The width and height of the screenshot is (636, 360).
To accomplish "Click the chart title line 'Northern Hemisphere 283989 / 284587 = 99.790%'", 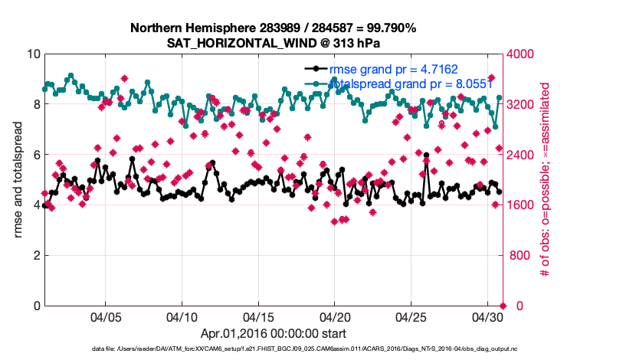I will point(273,28).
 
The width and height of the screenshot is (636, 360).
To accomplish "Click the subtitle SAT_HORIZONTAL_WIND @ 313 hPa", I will point(273,43).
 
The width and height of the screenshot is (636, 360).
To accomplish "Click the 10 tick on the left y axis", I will point(32,54).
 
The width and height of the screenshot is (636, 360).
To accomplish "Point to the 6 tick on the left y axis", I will point(36,155).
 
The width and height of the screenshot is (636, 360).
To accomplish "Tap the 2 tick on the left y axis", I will point(36,256).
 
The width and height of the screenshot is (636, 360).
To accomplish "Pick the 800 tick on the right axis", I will point(519,256).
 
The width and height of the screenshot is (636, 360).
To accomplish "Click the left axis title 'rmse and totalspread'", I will point(18,180).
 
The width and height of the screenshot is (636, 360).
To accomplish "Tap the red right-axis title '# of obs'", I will point(546,181).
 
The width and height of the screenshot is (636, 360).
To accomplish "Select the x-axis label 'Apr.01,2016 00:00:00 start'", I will point(273,334).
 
